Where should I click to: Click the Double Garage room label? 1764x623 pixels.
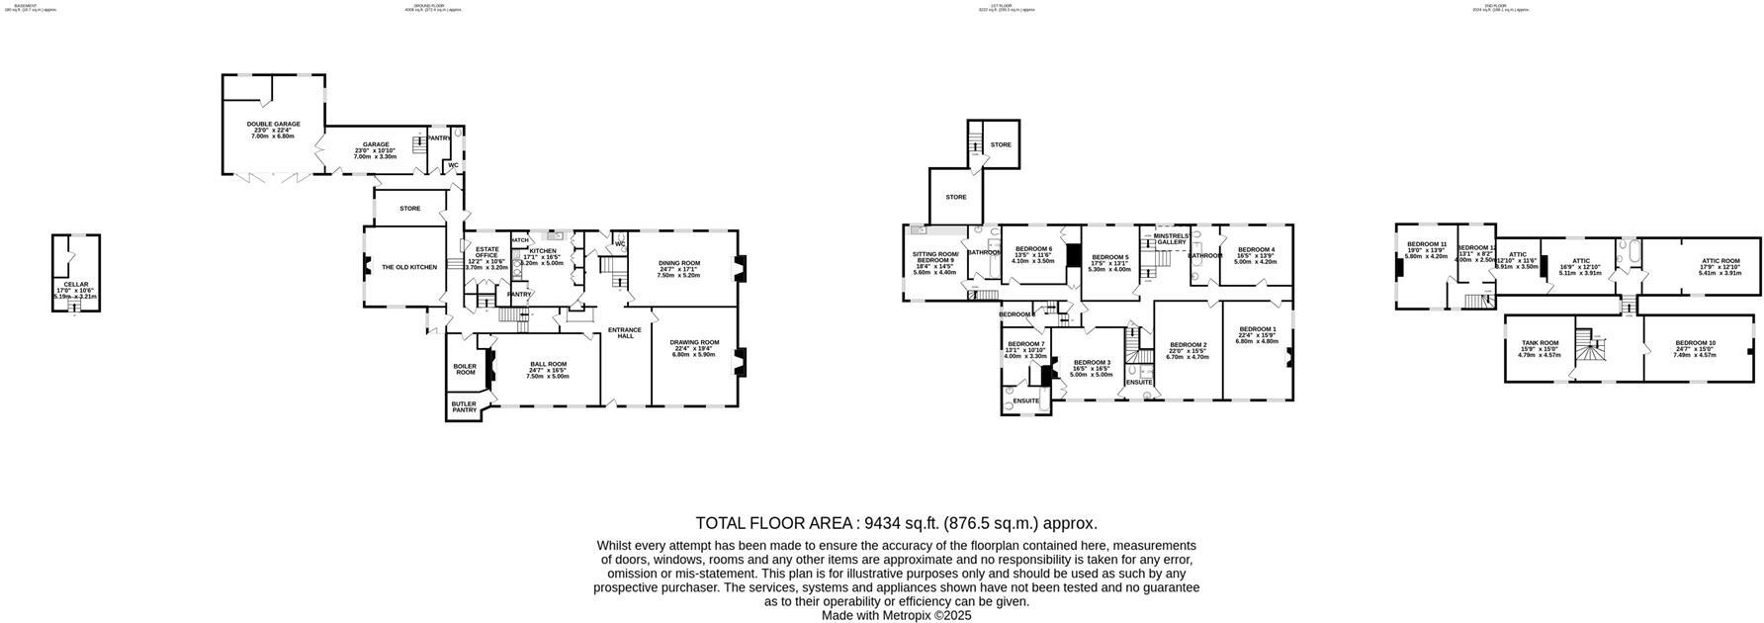point(273,125)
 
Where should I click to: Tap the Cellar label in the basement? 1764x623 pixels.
point(75,285)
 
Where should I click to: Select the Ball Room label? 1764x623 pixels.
point(547,365)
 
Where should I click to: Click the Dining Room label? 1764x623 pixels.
point(679,263)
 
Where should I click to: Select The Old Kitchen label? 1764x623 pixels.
point(409,267)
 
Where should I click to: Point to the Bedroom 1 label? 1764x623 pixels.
point(1258,329)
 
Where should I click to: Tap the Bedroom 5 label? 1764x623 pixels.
point(1109,257)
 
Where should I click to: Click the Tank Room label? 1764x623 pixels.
point(1539,343)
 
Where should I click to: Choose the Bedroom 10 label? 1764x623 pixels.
point(1695,343)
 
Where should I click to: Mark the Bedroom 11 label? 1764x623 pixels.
point(1427,244)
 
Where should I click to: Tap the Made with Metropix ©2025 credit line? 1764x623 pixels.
point(896,615)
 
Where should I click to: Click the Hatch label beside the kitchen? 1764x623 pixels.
point(520,240)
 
